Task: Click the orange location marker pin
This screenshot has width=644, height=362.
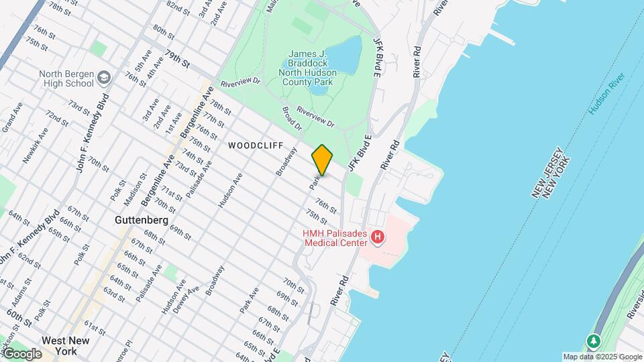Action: (322, 160)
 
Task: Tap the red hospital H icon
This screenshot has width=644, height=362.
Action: (378, 237)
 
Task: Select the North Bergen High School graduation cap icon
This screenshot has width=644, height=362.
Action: (104, 79)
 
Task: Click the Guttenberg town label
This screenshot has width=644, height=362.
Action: (141, 220)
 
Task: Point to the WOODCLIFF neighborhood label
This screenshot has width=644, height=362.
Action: (253, 145)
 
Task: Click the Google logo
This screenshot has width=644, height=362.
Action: (22, 353)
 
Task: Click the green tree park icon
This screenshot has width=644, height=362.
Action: (593, 341)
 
